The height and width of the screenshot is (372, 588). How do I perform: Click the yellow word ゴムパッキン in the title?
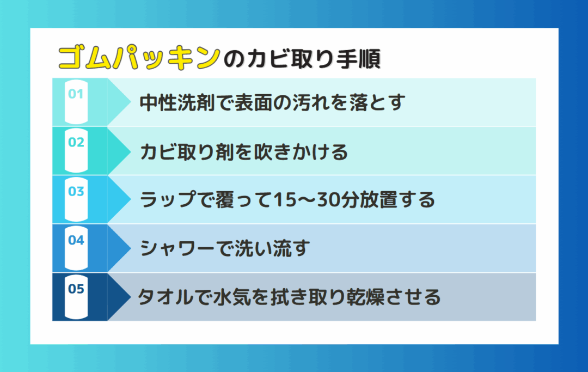pos(139,58)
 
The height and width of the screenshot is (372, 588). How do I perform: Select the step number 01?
pos(76,94)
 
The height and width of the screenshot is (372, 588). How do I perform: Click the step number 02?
pos(76,142)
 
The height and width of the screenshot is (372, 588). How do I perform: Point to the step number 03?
pos(76,191)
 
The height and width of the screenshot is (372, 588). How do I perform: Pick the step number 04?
pos(76,240)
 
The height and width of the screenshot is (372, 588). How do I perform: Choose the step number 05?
pos(76,289)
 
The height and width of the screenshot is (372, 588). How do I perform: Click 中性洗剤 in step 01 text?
pos(177,102)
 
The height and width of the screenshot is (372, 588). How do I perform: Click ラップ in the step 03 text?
pos(168,199)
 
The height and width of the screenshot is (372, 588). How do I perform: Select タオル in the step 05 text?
pos(166,297)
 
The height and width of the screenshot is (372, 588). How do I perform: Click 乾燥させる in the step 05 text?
pos(394,297)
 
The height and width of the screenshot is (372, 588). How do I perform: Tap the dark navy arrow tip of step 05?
pos(131,297)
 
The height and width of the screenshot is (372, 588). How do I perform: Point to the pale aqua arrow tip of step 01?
pos(131,102)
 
